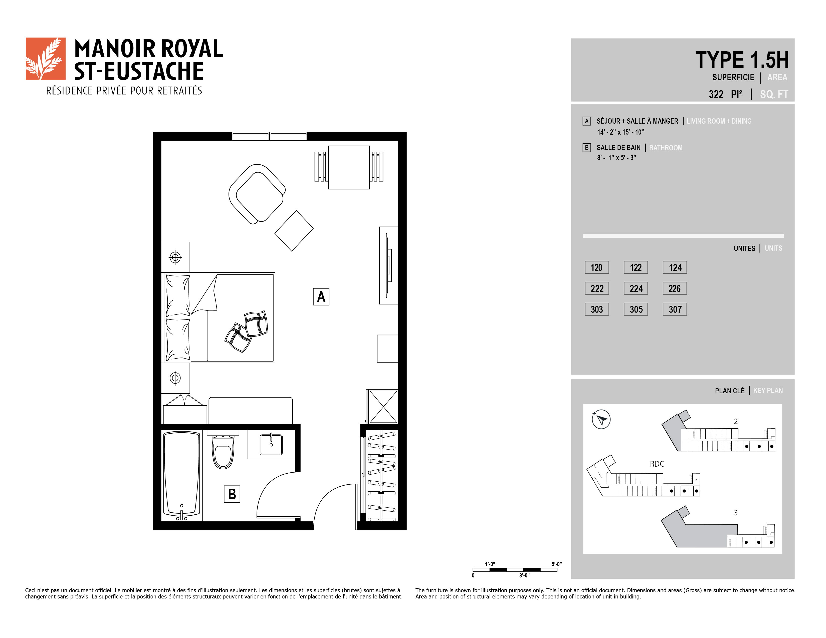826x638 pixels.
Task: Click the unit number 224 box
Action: coord(636,288)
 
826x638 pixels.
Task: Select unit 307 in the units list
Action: coord(675,309)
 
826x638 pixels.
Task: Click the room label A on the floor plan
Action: coord(321,297)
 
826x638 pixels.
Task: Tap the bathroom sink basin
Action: coord(271,445)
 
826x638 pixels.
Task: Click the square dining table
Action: coord(349,167)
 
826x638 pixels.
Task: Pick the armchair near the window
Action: coord(257,194)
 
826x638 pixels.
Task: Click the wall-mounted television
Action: coord(388,265)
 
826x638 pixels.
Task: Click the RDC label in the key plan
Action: coord(657,464)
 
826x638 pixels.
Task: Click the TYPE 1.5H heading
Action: coord(742,60)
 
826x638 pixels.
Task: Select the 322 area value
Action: coord(716,94)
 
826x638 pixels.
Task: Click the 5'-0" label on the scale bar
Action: coord(557,564)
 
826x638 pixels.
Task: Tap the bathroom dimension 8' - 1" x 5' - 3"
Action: coord(616,158)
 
